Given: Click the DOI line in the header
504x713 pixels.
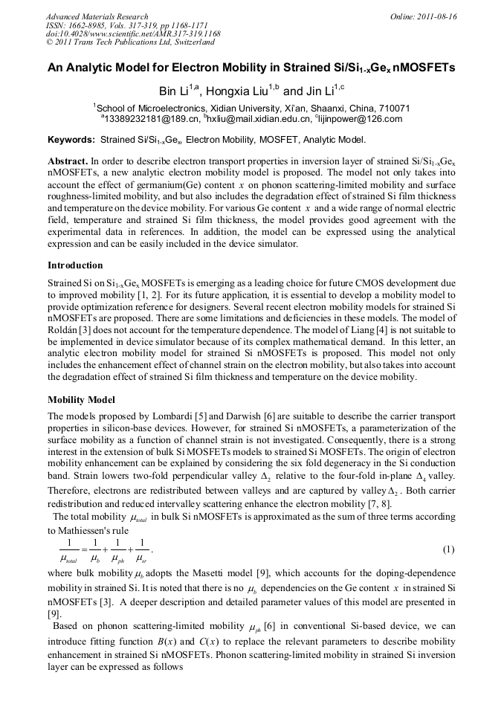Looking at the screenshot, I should (x=133, y=33).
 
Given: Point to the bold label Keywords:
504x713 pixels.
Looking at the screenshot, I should (x=71, y=139).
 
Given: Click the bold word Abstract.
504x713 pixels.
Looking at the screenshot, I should (x=68, y=161).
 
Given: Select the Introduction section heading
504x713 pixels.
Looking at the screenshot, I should (x=75, y=265).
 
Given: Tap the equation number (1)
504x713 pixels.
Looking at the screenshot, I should (x=448, y=549).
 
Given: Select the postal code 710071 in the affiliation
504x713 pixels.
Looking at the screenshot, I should (x=391, y=107).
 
